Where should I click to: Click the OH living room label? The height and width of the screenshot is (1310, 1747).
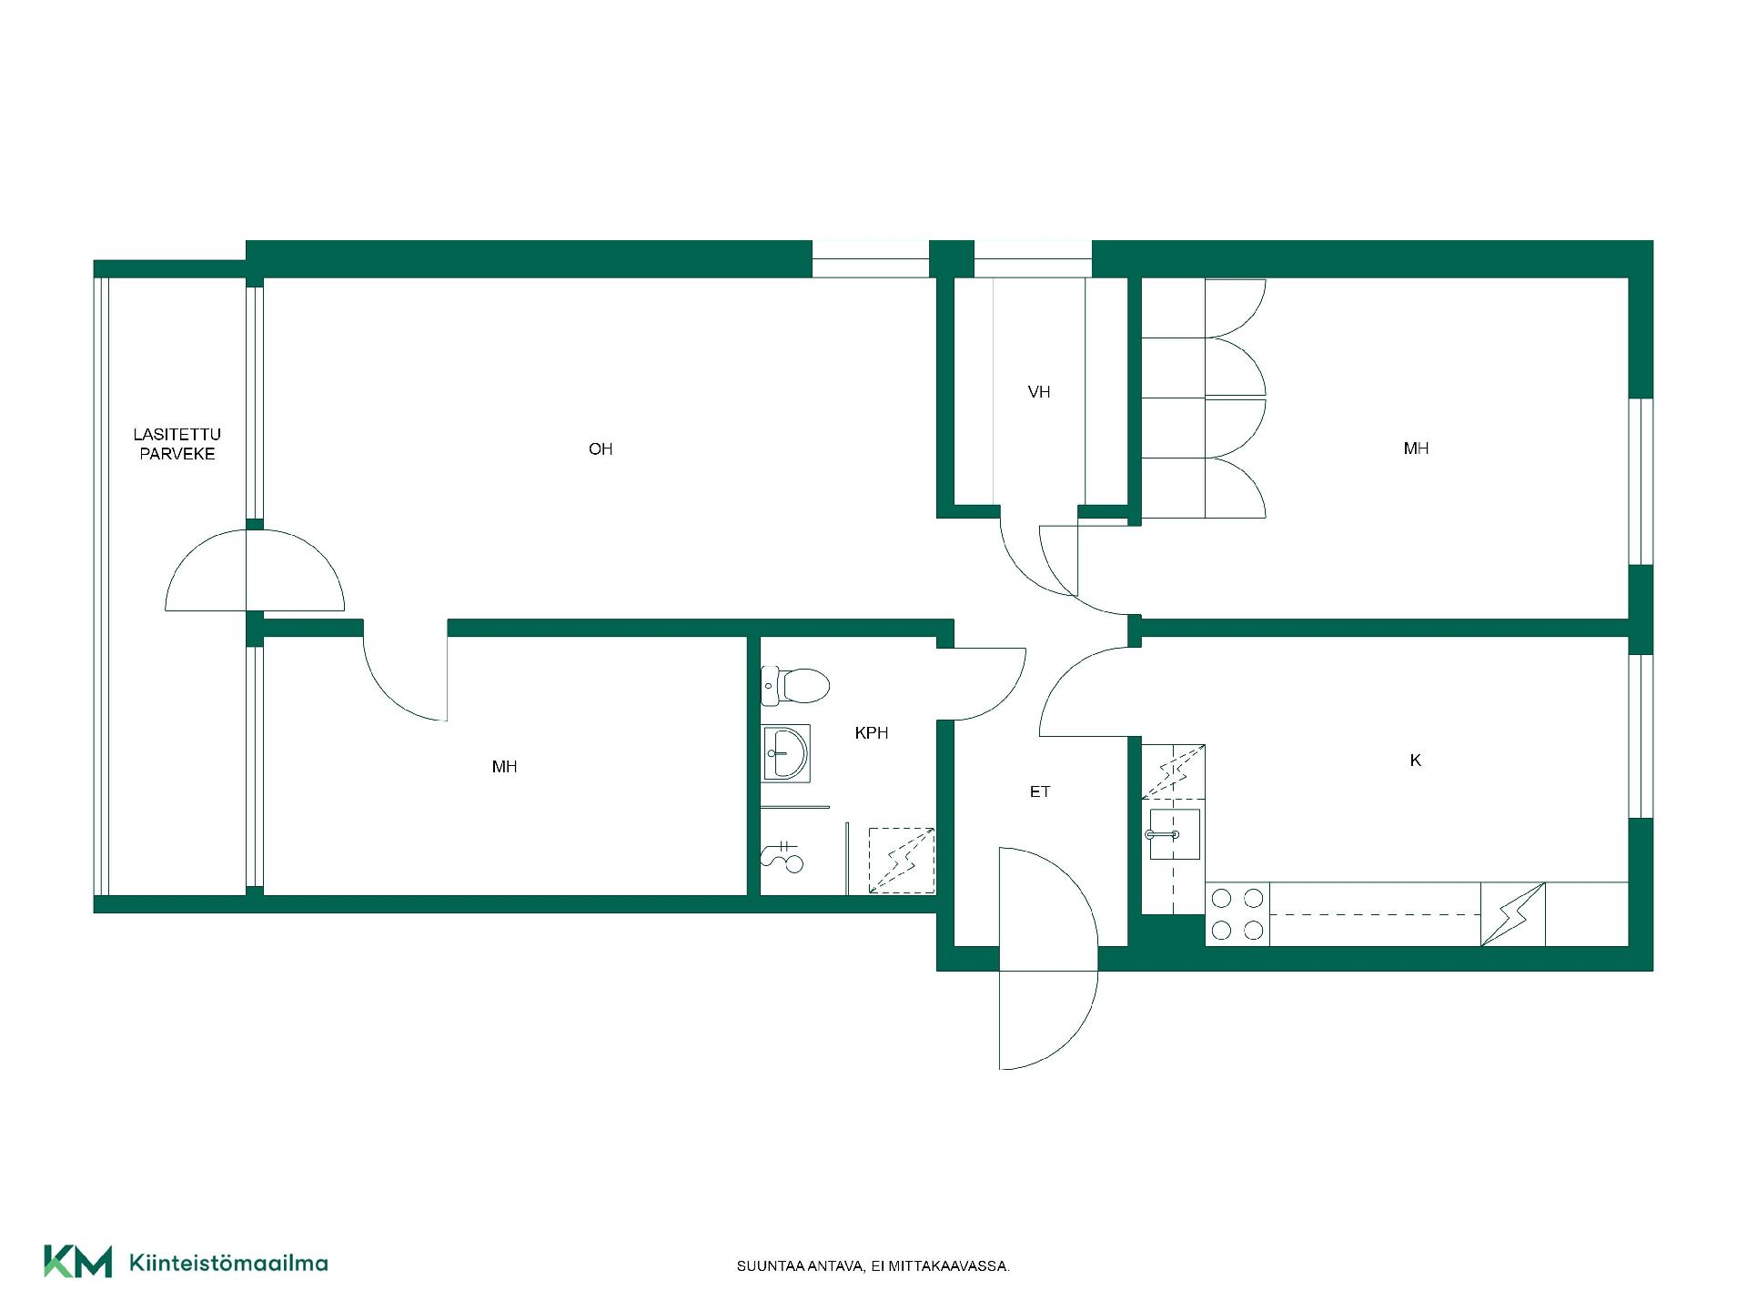pyautogui.click(x=601, y=448)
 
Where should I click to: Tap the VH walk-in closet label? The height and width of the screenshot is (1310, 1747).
pyautogui.click(x=1039, y=392)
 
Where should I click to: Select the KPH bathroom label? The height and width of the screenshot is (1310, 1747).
pyautogui.click(x=872, y=732)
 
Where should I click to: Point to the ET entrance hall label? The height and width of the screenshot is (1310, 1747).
pyautogui.click(x=1040, y=791)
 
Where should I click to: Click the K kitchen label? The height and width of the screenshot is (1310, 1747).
pyautogui.click(x=1415, y=760)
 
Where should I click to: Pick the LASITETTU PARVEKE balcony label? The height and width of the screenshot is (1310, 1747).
pyautogui.click(x=177, y=444)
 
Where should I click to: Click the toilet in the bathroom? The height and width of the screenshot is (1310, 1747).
pyautogui.click(x=795, y=686)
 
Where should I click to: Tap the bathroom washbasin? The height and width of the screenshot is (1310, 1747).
pyautogui.click(x=785, y=752)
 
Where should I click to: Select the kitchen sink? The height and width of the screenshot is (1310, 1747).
pyautogui.click(x=1174, y=834)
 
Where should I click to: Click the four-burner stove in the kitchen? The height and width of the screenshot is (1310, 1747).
pyautogui.click(x=1237, y=914)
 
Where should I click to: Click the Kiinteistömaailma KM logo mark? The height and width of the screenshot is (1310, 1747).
pyautogui.click(x=78, y=1262)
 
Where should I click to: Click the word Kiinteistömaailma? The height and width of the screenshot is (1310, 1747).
pyautogui.click(x=229, y=1263)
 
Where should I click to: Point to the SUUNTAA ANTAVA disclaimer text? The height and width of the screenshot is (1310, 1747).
pyautogui.click(x=873, y=1266)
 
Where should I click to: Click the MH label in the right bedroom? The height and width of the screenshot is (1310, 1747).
pyautogui.click(x=1416, y=448)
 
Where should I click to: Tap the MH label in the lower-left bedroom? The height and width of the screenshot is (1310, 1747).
pyautogui.click(x=504, y=767)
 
